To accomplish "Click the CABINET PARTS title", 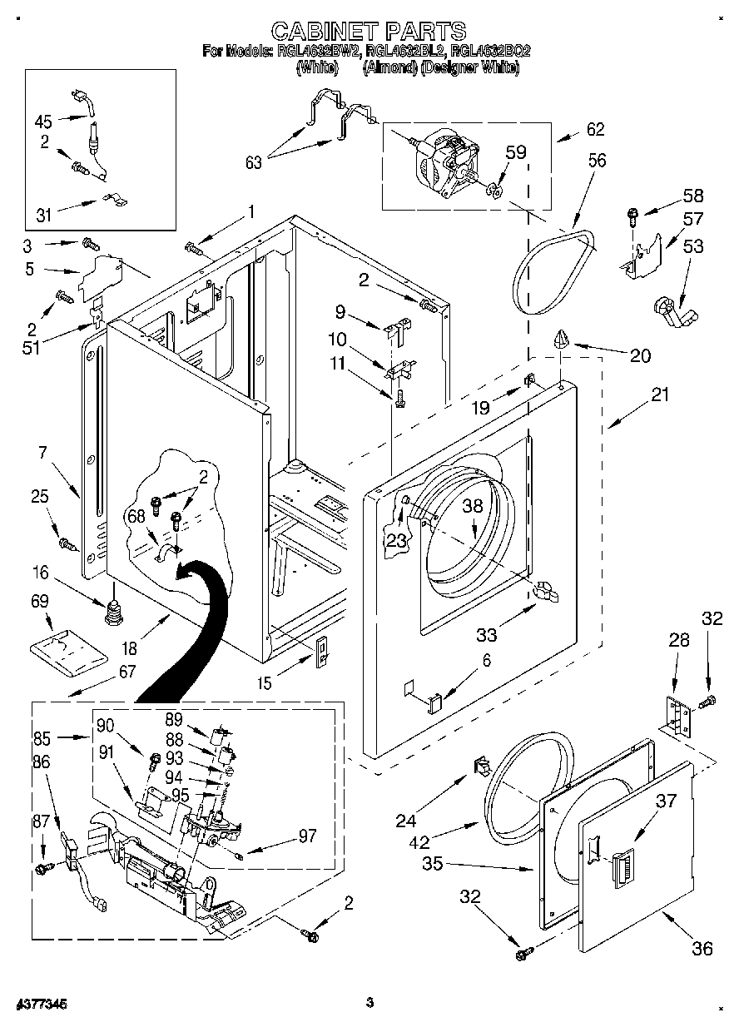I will tap(369, 32).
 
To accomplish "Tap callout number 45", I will tap(43, 122).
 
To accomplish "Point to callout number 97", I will tap(307, 836).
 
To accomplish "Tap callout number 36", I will tap(702, 948).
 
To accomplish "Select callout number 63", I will tap(252, 161).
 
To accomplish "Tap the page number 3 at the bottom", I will tap(368, 1004).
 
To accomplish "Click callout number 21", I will tap(660, 394).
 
